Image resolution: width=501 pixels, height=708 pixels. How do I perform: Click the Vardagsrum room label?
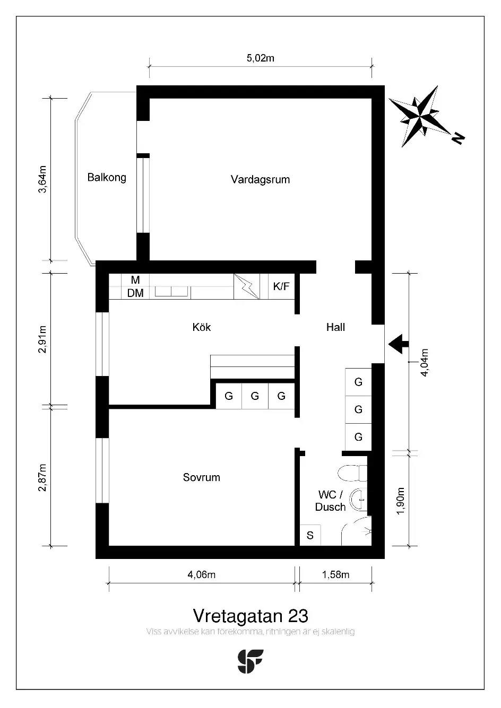pyautogui.click(x=260, y=180)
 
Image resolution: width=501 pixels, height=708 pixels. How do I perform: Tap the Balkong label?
pyautogui.click(x=107, y=177)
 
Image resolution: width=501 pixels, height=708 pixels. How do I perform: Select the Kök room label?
pyautogui.click(x=202, y=327)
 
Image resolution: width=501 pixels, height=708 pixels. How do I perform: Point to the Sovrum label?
pyautogui.click(x=202, y=477)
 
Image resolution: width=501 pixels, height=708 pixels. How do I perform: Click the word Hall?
pyautogui.click(x=335, y=327)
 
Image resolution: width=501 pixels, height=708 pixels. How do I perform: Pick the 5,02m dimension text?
pyautogui.click(x=260, y=58)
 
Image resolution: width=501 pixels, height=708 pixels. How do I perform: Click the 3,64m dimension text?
pyautogui.click(x=42, y=179)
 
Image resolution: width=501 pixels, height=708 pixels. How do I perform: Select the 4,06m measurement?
pyautogui.click(x=202, y=574)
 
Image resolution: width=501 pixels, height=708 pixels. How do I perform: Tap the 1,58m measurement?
pyautogui.click(x=335, y=574)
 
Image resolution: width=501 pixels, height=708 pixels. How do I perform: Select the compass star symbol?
pyautogui.click(x=419, y=116)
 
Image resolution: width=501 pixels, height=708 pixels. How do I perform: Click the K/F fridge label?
pyautogui.click(x=281, y=286)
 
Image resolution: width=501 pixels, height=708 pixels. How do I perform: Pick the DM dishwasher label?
pyautogui.click(x=135, y=293)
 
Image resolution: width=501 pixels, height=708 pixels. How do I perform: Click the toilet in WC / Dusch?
pyautogui.click(x=352, y=473)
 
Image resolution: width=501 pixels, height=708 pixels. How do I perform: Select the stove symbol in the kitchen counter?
pyautogui.click(x=247, y=286)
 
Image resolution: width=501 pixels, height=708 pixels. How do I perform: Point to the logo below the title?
pyautogui.click(x=250, y=661)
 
